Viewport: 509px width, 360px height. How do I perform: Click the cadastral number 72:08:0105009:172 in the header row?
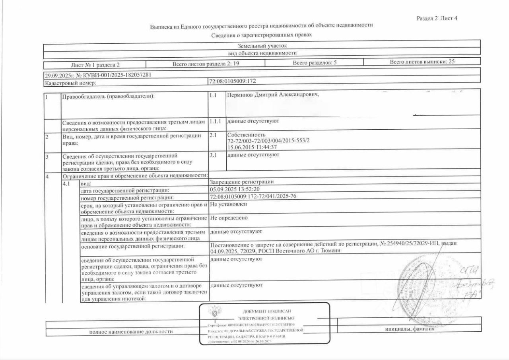(232, 81)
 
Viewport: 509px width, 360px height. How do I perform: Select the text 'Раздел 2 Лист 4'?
(437, 18)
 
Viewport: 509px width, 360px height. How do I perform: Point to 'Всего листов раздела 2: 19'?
(206, 63)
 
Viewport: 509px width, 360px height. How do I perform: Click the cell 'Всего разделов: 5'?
(315, 63)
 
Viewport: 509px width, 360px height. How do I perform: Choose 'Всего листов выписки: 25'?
(422, 62)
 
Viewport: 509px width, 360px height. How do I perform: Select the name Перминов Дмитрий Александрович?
(273, 95)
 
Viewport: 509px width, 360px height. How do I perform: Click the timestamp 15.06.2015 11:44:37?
(252, 147)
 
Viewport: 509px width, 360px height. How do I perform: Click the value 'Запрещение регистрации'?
(242, 182)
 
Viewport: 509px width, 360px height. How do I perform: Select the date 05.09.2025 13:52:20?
(235, 189)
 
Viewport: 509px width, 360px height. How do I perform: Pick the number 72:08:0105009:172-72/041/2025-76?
(253, 197)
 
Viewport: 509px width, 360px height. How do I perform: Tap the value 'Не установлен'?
(228, 204)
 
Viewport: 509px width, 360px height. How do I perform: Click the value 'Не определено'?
(229, 218)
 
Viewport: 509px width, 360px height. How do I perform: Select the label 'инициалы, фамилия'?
(409, 329)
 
